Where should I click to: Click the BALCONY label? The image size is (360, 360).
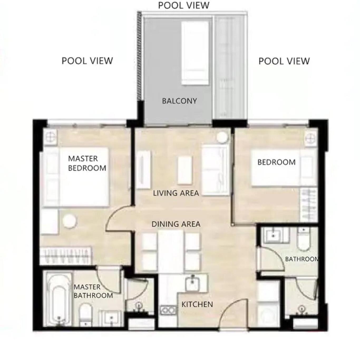[x=179, y=101]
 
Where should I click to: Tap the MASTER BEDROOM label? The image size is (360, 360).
[x=87, y=163]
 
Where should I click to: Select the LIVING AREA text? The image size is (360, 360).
[x=176, y=193]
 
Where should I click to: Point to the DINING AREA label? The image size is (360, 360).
[x=176, y=224]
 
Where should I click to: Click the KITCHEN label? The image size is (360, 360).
[x=197, y=304]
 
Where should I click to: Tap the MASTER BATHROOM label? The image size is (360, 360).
[x=93, y=291]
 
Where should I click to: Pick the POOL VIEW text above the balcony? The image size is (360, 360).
[x=184, y=5]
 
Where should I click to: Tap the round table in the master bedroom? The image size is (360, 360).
[x=69, y=221]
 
